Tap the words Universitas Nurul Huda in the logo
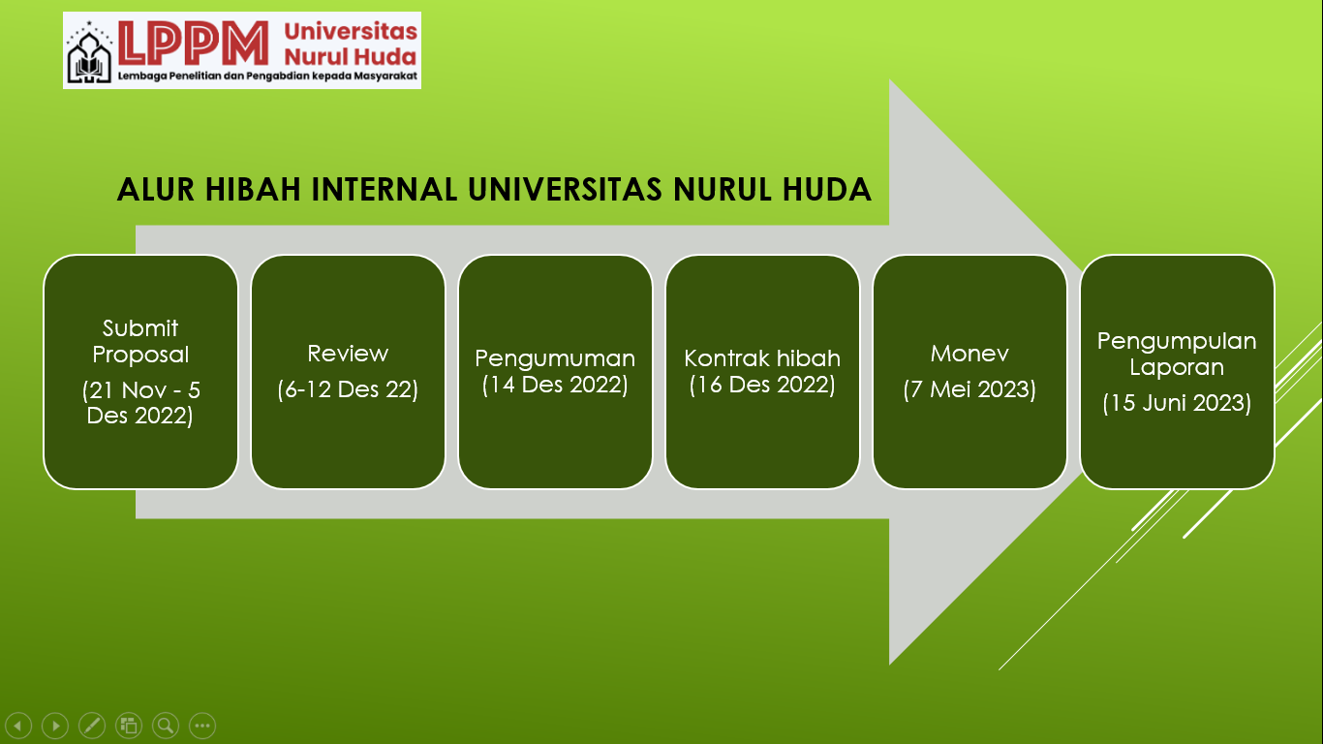pos(350,44)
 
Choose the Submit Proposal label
pos(140,341)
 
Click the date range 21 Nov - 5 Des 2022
pos(140,404)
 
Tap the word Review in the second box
pos(348,353)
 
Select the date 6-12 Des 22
pos(348,389)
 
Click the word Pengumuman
pos(555,358)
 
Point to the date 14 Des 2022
pos(555,385)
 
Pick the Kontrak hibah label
pos(762,358)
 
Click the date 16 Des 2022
pos(762,385)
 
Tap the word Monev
pos(969,354)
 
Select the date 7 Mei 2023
pos(969,389)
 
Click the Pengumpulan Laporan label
pos(1177,354)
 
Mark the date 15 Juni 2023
pos(1177,402)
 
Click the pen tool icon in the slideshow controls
pos(92,725)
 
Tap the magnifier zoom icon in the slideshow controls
pos(166,725)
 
